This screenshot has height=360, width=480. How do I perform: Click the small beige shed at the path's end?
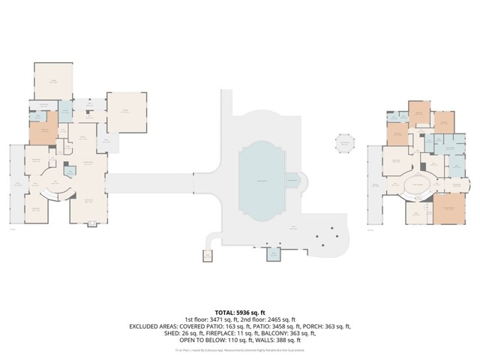point(207,256)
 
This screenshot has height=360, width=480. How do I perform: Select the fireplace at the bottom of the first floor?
point(91,223)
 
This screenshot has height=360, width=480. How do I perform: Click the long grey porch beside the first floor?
point(15,184)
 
